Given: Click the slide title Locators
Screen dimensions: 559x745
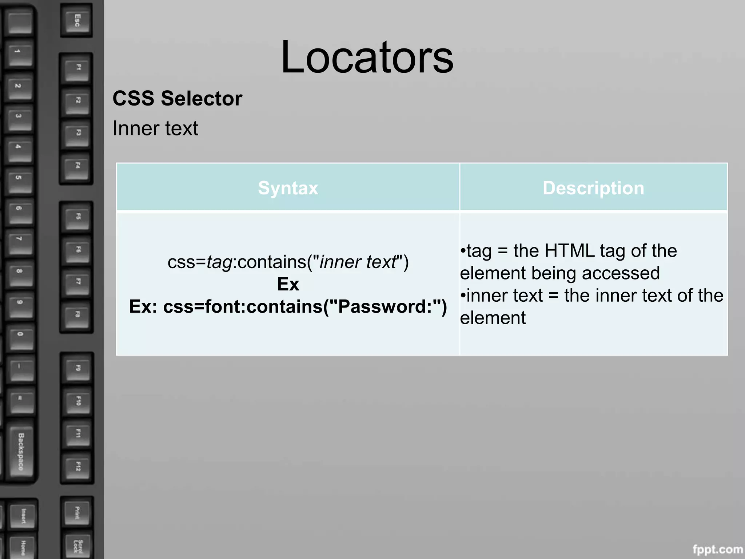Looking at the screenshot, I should point(367,58).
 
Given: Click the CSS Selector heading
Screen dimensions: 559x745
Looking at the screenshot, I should point(177,99).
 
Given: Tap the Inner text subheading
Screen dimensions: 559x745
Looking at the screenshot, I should point(155,128).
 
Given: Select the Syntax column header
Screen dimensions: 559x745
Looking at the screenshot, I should point(288,188).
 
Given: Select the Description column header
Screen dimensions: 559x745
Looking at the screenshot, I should point(593,188).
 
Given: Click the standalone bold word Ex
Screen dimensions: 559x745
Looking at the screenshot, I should point(288,284).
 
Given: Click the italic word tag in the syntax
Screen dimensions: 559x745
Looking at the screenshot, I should point(219,262).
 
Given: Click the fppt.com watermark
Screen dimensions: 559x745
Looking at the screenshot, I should point(717,549).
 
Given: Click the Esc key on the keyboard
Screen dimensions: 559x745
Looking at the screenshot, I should point(77,20).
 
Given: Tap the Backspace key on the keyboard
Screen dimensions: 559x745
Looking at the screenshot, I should point(21,451).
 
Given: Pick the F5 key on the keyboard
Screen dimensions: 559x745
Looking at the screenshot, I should point(77,217).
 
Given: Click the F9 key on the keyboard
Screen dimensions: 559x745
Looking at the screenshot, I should point(77,368).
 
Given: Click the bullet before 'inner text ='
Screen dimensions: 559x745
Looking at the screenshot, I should point(463,296).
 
